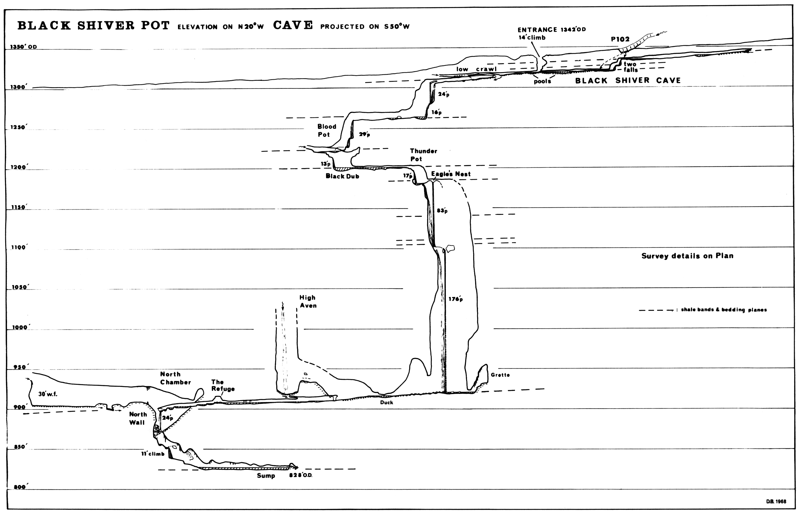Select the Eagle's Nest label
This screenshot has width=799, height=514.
[x=451, y=174]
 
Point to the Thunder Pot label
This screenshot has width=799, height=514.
[x=423, y=155]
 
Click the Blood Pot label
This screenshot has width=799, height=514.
[x=327, y=131]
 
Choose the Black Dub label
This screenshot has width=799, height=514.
[x=342, y=176]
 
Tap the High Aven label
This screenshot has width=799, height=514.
[x=307, y=301]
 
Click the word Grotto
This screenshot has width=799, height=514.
[x=500, y=375]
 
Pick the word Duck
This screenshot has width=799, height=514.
[x=387, y=403]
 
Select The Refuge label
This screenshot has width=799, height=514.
[x=223, y=385]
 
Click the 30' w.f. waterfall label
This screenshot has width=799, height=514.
[x=48, y=394]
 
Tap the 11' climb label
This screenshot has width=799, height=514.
[x=152, y=454]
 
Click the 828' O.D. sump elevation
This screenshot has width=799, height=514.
[x=300, y=475]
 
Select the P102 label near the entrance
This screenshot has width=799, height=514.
[x=620, y=39]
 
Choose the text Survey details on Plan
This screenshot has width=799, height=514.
[x=687, y=256]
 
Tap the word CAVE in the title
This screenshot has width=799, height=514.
[x=293, y=25]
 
